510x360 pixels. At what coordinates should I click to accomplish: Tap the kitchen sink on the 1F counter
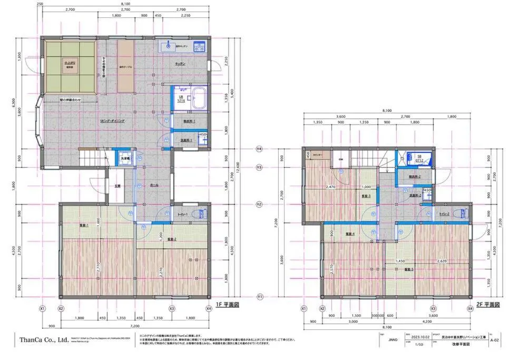point(168,46)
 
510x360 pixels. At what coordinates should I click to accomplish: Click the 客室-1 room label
point(84,226)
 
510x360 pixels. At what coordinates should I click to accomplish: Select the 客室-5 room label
point(408,269)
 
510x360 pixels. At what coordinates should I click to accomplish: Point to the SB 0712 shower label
point(419,158)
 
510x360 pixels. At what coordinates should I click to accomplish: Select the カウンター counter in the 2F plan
point(317,155)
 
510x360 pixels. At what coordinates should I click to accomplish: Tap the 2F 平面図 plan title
point(487,305)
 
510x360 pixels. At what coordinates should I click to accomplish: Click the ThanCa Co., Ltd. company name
point(44,340)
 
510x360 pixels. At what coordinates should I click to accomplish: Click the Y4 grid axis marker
point(259,149)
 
